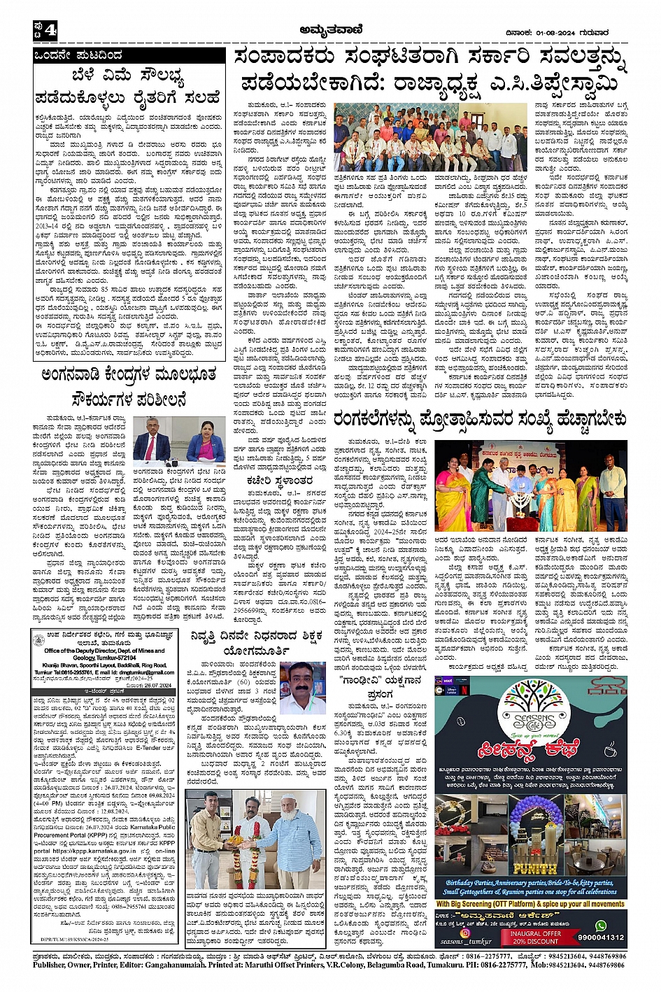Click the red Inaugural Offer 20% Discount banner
coord(535,937)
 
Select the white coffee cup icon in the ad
coord(610,749)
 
